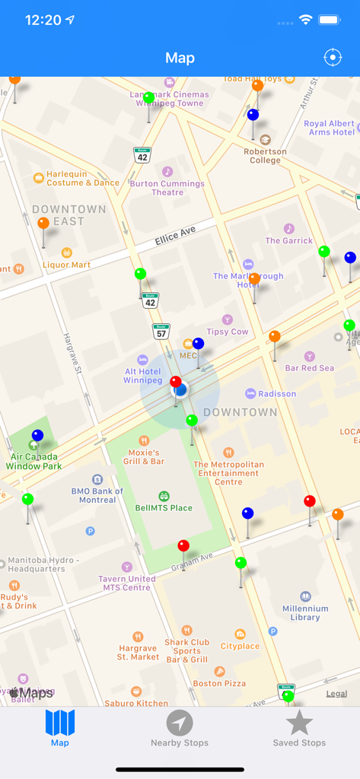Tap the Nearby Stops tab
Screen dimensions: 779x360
[180, 729]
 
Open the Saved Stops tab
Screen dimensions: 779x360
[299, 729]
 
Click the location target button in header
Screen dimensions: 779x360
[333, 58]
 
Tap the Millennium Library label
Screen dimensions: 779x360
[305, 612]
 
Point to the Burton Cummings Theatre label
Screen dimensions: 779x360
[167, 187]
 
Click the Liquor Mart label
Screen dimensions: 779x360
[67, 265]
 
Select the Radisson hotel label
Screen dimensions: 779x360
[276, 394]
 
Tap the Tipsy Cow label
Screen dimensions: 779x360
[228, 332]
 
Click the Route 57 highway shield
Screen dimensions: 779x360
[161, 332]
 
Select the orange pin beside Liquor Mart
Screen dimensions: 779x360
[43, 224]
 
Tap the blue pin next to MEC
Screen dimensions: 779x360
[198, 344]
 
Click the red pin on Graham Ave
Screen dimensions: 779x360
[183, 546]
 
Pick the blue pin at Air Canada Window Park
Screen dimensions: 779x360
[37, 436]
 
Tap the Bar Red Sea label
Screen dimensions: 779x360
[310, 368]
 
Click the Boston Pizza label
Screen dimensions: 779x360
[219, 683]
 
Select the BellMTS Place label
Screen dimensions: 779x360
[164, 507]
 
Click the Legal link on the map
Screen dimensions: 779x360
[336, 694]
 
